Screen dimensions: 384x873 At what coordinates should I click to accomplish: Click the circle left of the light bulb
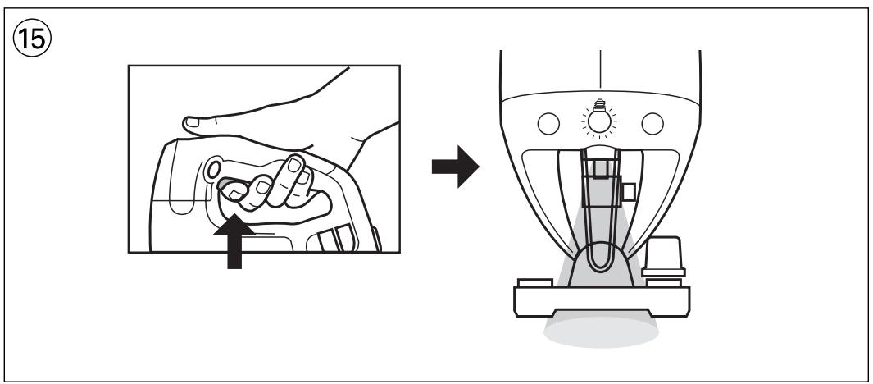[x=548, y=123]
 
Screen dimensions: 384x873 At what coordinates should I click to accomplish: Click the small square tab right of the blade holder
[x=629, y=191]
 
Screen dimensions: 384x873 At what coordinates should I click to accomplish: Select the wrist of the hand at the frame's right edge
[x=373, y=139]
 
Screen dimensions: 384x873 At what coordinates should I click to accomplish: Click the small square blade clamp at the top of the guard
[x=601, y=169]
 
